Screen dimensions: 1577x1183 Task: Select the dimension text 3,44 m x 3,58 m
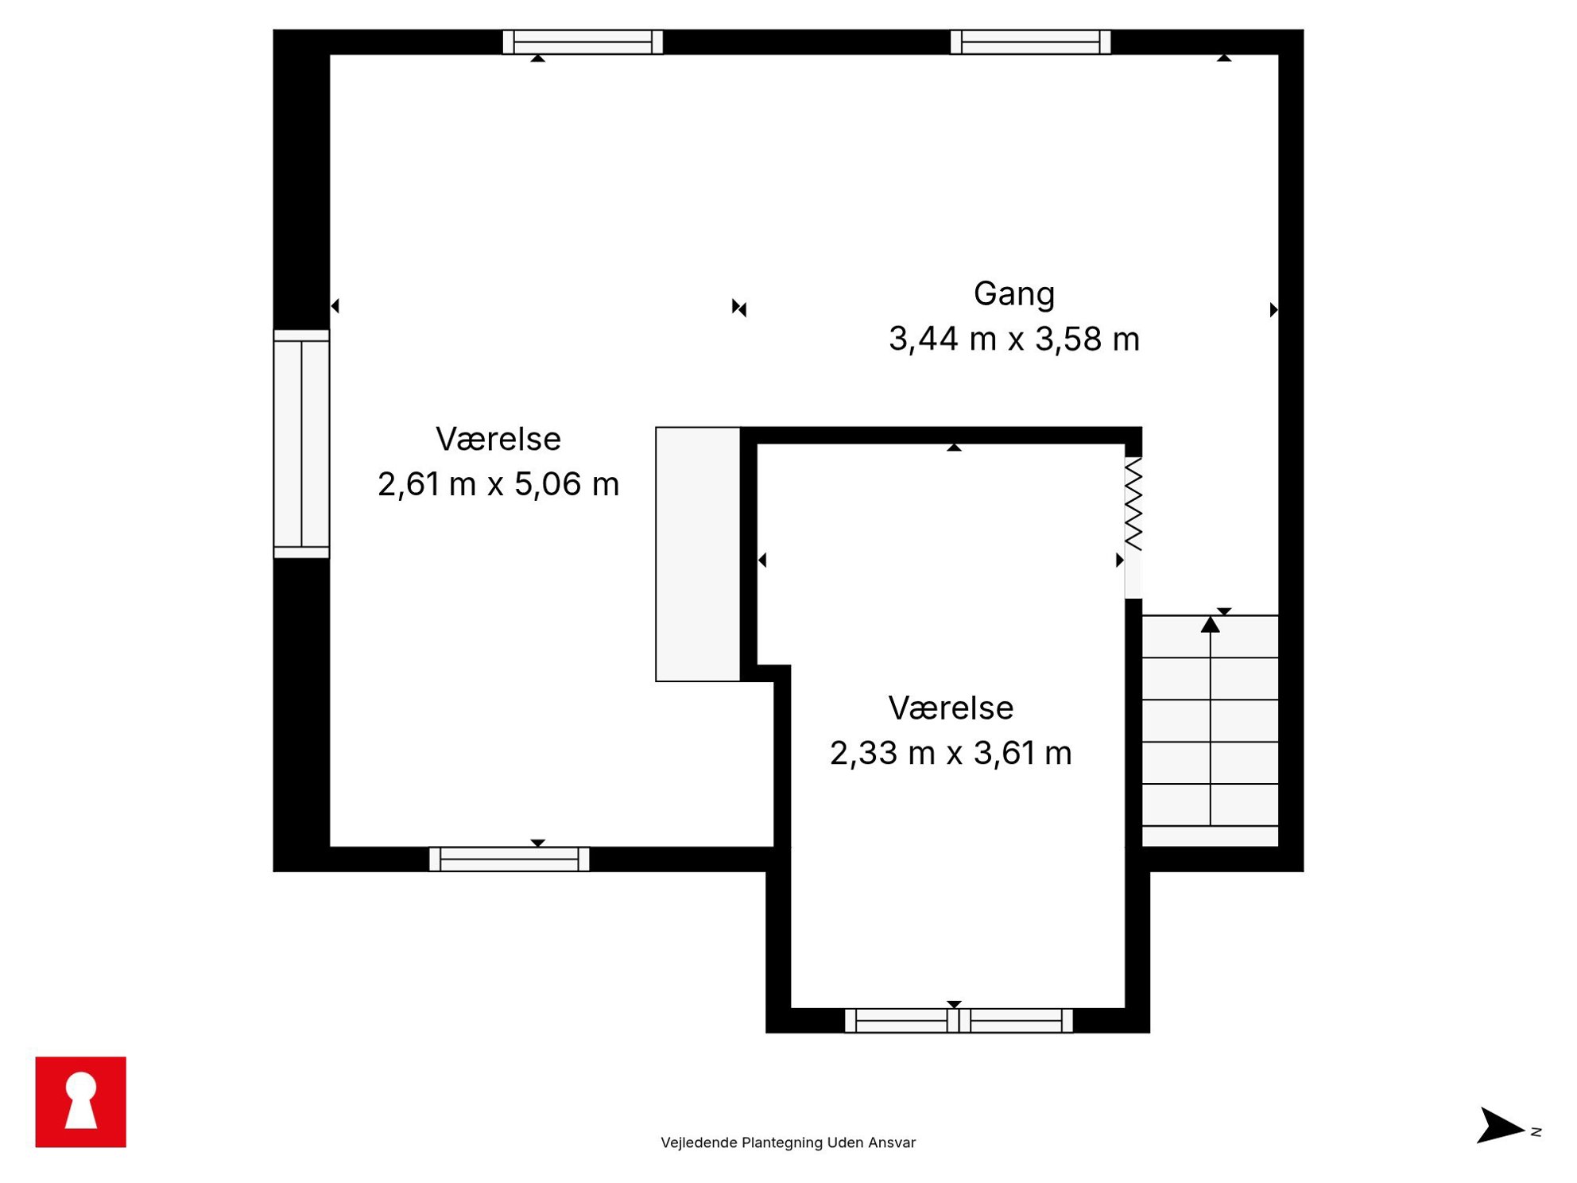[x=1014, y=339]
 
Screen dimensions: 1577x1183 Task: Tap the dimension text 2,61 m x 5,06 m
[x=498, y=484]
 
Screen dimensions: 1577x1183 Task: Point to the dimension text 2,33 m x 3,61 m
[x=951, y=753]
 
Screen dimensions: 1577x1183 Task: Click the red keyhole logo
[x=81, y=1102]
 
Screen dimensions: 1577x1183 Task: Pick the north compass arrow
[x=1501, y=1126]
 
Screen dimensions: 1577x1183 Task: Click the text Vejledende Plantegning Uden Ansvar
[x=788, y=1142]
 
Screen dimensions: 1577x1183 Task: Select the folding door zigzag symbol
[x=1133, y=504]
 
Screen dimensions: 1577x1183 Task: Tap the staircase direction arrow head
[x=1211, y=625]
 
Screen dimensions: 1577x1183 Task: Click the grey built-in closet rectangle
[x=698, y=554]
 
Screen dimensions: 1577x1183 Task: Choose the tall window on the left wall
[x=301, y=444]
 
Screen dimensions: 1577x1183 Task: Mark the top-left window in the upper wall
[x=583, y=42]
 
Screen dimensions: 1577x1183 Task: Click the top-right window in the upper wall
[x=1030, y=42]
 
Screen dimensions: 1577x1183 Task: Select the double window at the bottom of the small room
[x=959, y=1020]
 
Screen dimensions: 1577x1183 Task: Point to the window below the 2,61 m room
[x=510, y=859]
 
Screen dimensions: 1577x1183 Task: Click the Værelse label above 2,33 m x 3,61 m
[x=951, y=708]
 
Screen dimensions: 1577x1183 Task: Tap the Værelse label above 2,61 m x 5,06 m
[x=498, y=440]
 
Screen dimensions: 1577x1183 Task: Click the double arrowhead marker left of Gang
[x=739, y=308]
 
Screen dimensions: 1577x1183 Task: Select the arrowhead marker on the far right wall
[x=1273, y=310]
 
